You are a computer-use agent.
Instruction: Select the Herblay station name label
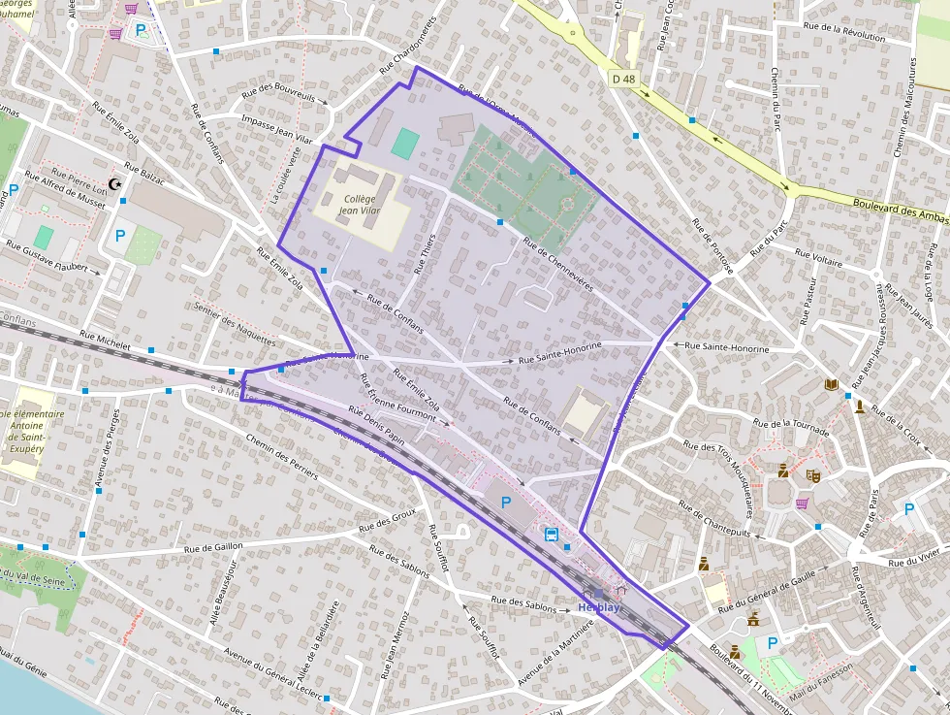[598, 607]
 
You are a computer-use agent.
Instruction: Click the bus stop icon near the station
[552, 535]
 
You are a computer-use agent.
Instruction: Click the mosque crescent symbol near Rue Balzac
[118, 183]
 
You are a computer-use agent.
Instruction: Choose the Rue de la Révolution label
[852, 36]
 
